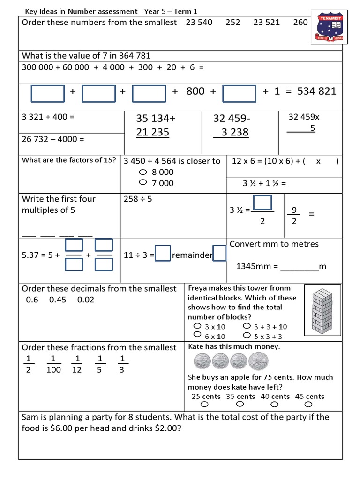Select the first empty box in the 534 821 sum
click(x=48, y=93)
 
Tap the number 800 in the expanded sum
click(x=195, y=91)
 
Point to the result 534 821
click(x=317, y=91)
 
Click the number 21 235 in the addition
click(x=152, y=132)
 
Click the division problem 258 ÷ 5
click(x=138, y=199)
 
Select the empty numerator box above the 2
click(x=263, y=203)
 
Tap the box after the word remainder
click(x=219, y=254)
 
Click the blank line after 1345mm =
click(x=299, y=267)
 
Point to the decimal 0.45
click(x=58, y=300)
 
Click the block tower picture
click(x=323, y=310)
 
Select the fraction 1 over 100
click(x=53, y=364)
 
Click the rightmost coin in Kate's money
click(x=258, y=361)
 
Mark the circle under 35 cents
click(x=240, y=404)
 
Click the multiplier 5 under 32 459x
click(x=313, y=127)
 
